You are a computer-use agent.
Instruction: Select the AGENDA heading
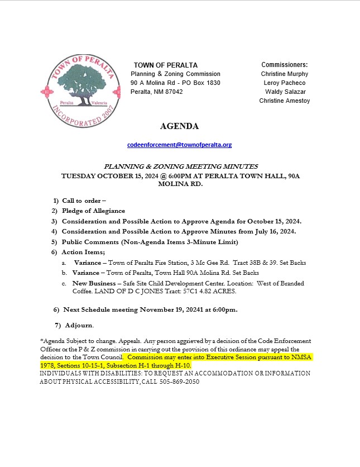point(179,126)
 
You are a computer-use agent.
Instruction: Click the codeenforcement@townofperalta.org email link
point(179,145)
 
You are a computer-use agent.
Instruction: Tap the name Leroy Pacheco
point(284,83)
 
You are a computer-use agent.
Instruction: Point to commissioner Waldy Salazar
point(285,92)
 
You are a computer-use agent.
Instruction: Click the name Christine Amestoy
point(284,101)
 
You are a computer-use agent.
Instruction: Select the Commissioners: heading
point(284,65)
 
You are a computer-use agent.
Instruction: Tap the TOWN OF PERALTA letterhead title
point(165,65)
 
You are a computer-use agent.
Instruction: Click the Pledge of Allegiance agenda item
point(93,211)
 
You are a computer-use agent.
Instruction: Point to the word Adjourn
point(79,325)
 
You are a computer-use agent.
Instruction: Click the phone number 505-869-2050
point(180,382)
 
